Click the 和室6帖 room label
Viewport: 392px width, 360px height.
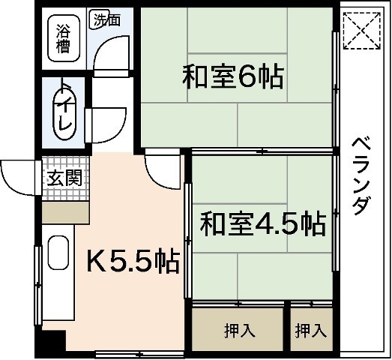[x=233, y=76]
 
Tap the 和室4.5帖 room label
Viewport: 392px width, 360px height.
[x=262, y=222]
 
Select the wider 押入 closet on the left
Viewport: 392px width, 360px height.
[x=238, y=329]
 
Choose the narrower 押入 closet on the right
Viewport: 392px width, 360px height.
[x=310, y=329]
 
